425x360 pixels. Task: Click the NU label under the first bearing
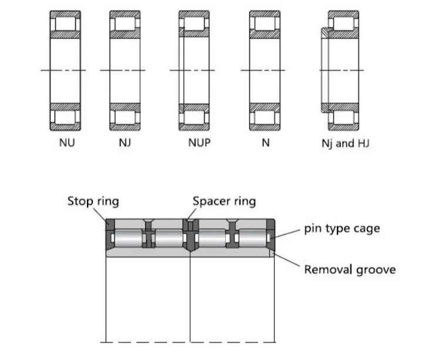coord(67,143)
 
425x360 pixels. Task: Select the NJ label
coord(124,143)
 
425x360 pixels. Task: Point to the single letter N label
coord(265,143)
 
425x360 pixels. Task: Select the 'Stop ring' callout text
coord(93,201)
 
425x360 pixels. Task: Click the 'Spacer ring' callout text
coord(224,201)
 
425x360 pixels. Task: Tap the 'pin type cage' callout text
coord(342,228)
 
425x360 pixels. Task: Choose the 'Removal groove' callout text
coord(349,270)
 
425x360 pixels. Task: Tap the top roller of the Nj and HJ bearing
coord(343,24)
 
